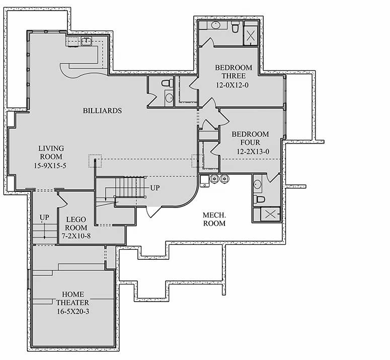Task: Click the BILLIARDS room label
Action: [x=102, y=111]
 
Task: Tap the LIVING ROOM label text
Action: [x=51, y=153]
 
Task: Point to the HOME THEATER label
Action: [x=73, y=298]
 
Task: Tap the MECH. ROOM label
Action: [x=214, y=219]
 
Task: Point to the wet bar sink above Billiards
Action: [x=86, y=41]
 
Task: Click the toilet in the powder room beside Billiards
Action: [x=167, y=83]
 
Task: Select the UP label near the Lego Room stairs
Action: [x=45, y=218]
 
